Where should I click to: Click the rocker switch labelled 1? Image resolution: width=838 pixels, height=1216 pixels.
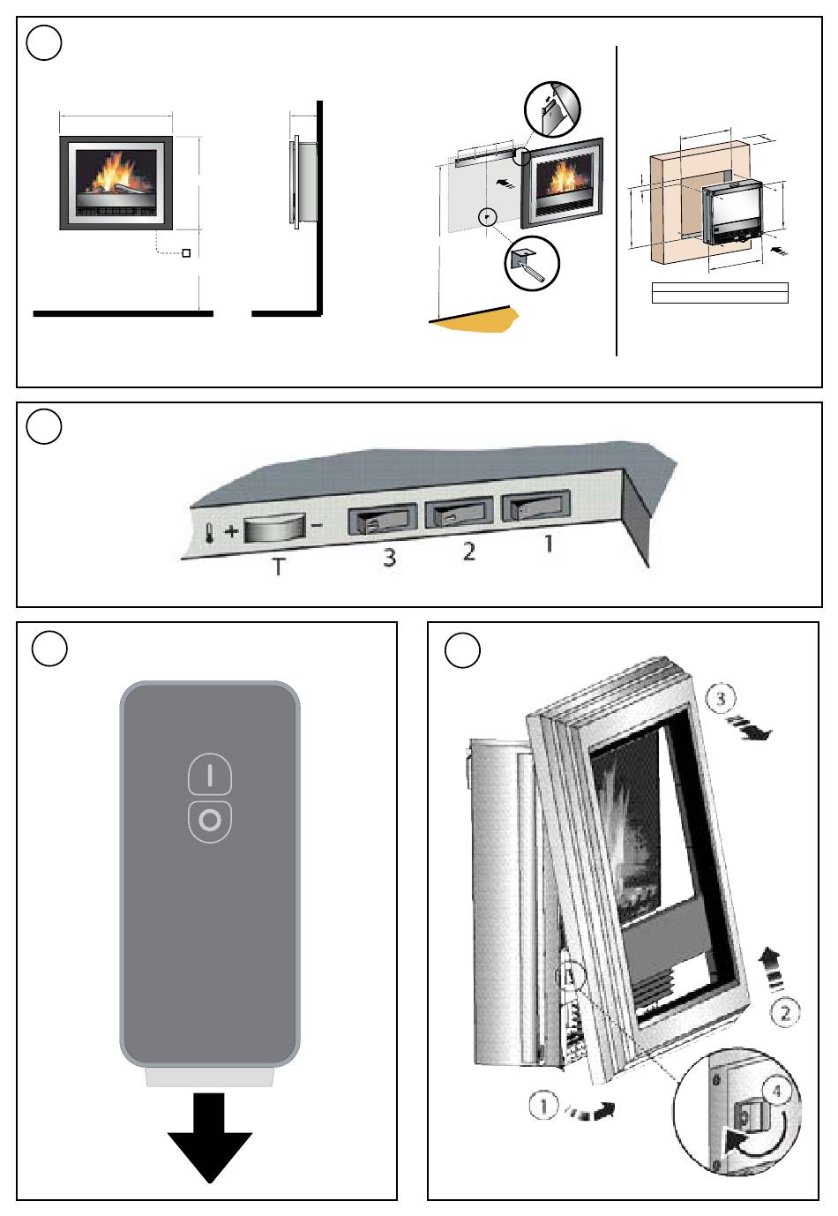535,508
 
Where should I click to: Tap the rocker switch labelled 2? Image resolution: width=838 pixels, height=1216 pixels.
459,514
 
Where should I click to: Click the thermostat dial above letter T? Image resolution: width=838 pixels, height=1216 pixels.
274,529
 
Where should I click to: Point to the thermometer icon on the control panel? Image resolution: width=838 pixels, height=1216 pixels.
208,534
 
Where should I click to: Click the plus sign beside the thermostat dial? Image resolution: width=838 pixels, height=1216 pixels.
231,531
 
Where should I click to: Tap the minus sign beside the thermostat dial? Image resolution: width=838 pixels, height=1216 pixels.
318,527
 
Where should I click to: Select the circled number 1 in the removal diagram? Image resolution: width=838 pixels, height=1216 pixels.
544,1105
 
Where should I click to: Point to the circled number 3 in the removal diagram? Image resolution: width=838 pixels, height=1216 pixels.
721,699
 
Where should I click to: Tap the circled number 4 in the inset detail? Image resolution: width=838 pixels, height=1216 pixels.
776,1092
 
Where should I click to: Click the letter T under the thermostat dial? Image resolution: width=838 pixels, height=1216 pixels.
278,566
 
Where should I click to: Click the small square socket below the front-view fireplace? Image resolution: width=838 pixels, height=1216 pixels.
186,253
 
